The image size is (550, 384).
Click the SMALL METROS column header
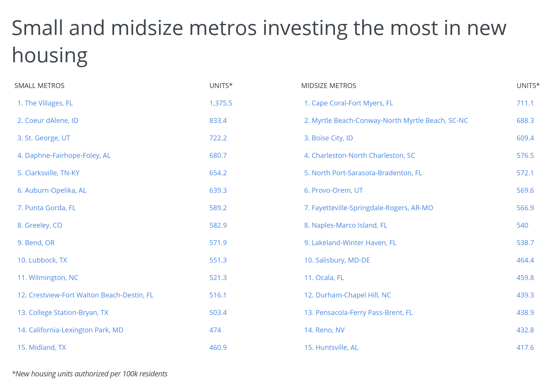(x=39, y=85)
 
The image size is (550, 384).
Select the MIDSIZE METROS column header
(x=328, y=85)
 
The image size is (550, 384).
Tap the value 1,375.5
(x=221, y=103)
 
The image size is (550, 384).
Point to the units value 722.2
(x=218, y=138)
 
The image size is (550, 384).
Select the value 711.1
(x=525, y=103)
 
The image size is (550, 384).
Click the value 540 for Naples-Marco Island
(x=522, y=225)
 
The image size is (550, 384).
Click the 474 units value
(x=215, y=330)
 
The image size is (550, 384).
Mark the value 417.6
(x=525, y=347)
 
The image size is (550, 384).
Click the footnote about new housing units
(x=90, y=374)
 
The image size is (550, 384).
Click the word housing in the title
(x=50, y=55)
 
